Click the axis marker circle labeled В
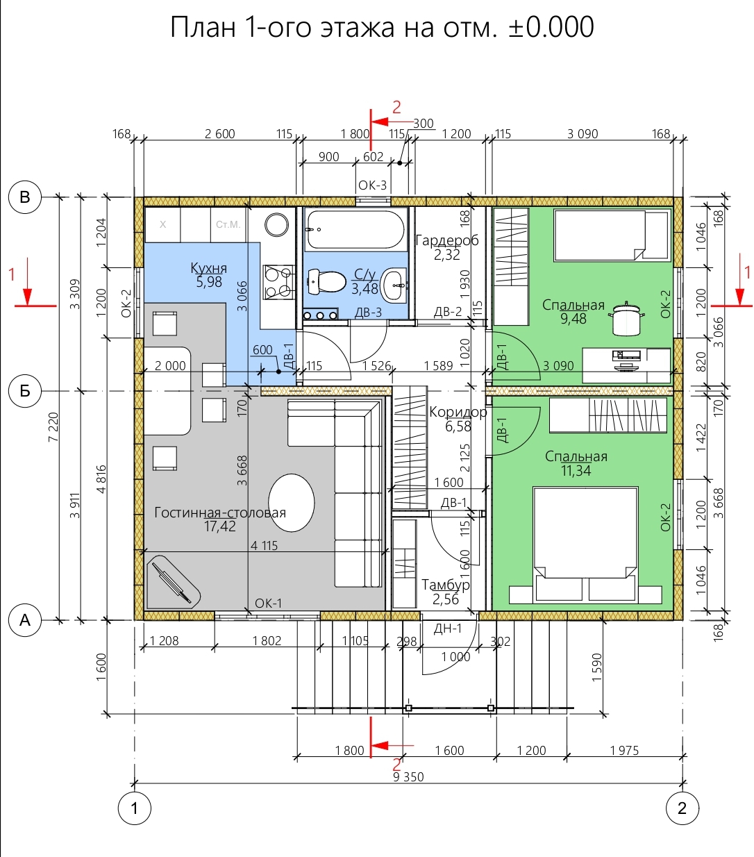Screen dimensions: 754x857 (x=25, y=197)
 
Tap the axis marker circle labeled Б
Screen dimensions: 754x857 (x=25, y=391)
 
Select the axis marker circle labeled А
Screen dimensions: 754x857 (x=25, y=620)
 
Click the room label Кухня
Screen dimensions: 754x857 (x=208, y=268)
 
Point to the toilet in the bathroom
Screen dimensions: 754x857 (x=327, y=282)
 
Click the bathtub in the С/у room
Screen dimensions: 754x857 (x=355, y=230)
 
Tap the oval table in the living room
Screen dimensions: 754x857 (x=292, y=503)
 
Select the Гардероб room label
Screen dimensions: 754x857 (x=447, y=241)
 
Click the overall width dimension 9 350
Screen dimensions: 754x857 (x=408, y=776)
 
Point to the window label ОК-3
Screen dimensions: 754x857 (x=372, y=185)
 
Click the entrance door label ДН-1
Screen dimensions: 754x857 (x=448, y=629)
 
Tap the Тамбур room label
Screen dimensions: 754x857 (x=446, y=585)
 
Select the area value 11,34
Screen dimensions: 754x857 (x=576, y=470)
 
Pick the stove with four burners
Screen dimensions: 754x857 (x=278, y=281)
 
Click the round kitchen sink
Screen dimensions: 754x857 (x=276, y=224)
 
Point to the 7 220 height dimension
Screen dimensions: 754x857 (x=53, y=427)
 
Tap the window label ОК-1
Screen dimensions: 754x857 (x=268, y=604)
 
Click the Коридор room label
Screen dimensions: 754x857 (x=458, y=412)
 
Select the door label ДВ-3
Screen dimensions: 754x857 (x=368, y=313)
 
